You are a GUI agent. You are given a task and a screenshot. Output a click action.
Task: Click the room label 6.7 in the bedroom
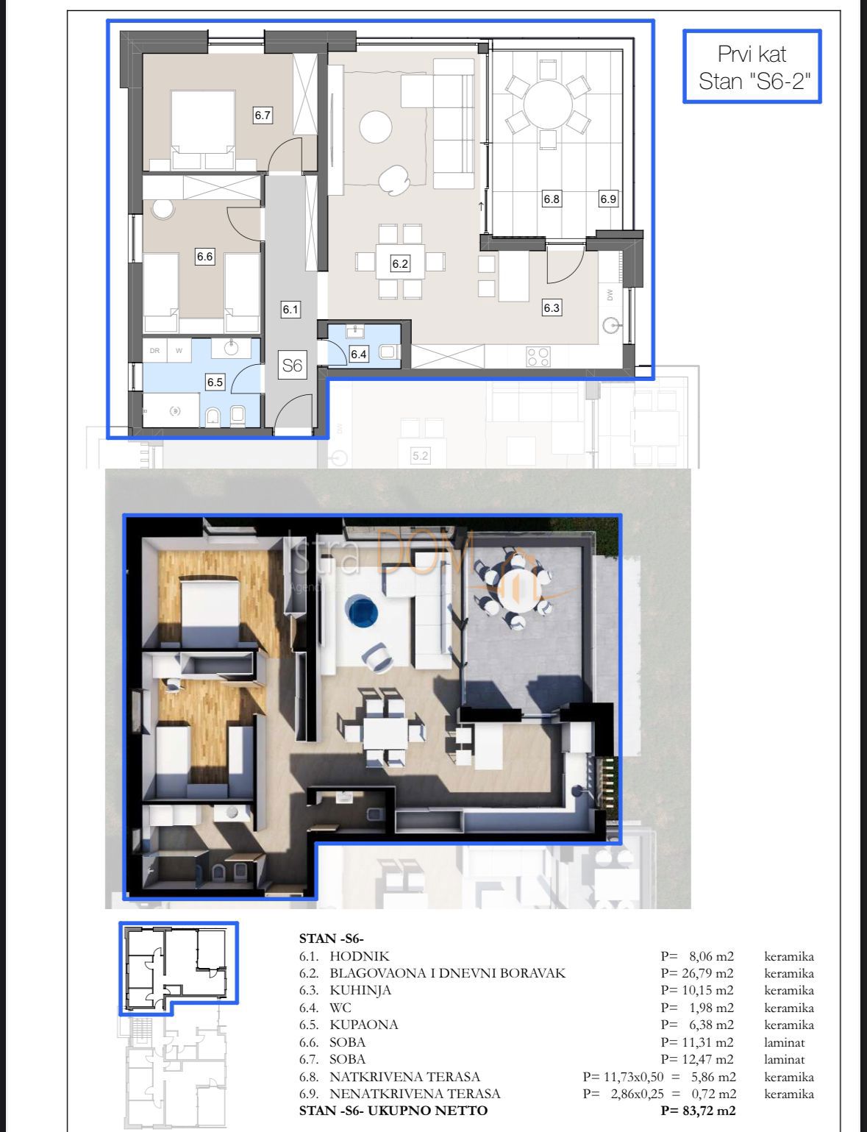click(263, 115)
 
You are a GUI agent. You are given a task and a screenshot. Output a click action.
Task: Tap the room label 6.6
click(204, 257)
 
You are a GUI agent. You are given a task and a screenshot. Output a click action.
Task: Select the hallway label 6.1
click(290, 310)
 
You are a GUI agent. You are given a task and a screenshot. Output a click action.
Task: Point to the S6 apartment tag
click(292, 365)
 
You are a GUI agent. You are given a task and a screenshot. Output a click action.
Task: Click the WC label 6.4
click(358, 354)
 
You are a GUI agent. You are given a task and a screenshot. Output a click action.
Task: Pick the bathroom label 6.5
click(215, 382)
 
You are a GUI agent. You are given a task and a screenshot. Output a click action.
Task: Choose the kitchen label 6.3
click(552, 308)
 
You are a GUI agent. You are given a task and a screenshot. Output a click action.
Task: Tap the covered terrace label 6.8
click(552, 199)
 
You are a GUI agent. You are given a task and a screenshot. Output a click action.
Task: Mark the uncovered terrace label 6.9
click(607, 199)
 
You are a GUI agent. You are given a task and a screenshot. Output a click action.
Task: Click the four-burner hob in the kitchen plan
click(538, 357)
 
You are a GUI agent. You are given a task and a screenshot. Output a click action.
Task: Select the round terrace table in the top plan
click(546, 104)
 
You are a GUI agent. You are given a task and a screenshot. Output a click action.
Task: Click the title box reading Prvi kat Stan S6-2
click(752, 66)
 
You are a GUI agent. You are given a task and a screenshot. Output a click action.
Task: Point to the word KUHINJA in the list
click(360, 990)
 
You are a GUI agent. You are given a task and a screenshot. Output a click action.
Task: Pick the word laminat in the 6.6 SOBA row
click(784, 1042)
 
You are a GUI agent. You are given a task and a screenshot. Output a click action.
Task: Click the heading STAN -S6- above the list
click(331, 938)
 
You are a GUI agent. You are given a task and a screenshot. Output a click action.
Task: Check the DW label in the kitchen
click(610, 295)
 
